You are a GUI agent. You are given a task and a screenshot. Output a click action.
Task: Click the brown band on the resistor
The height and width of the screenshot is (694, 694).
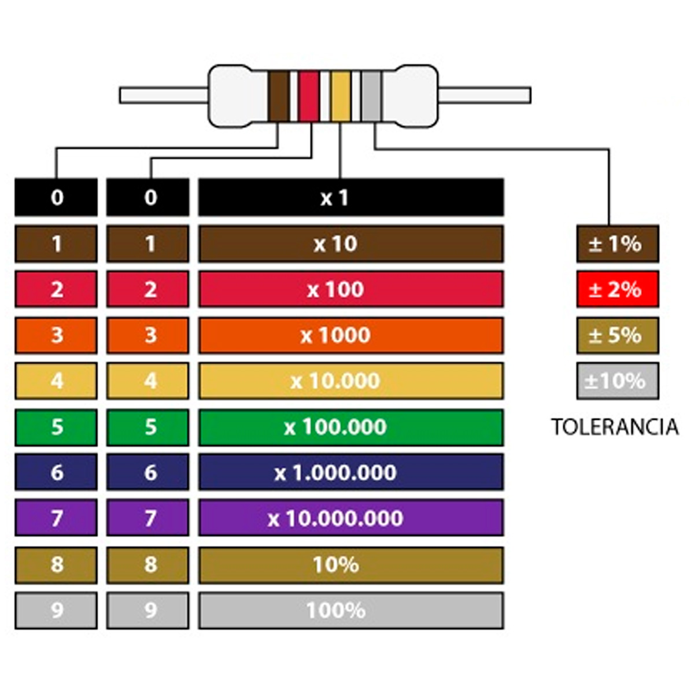[278, 96]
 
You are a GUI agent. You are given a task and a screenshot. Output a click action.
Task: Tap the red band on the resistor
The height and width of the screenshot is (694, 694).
[309, 96]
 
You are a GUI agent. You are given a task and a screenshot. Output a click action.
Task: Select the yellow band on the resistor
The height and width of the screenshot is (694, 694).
[340, 96]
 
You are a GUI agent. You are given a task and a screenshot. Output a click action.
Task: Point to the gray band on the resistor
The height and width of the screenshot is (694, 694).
[371, 96]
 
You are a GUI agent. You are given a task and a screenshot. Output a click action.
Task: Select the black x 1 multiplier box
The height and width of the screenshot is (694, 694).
[350, 198]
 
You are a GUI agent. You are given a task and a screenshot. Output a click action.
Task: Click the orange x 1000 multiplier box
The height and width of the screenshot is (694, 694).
[350, 335]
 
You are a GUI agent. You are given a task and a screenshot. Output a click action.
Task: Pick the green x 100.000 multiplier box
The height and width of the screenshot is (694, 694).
[350, 427]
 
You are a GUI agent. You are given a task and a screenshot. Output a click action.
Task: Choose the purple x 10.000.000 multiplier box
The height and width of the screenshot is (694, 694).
[350, 518]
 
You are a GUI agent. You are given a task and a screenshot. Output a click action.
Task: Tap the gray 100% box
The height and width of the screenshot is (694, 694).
[350, 610]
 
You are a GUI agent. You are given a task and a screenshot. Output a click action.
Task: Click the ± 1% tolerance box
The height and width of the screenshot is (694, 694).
[617, 244]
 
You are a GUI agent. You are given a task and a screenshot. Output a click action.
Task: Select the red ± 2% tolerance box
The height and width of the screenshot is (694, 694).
[617, 289]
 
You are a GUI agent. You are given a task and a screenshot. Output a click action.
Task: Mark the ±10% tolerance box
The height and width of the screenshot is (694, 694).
[617, 381]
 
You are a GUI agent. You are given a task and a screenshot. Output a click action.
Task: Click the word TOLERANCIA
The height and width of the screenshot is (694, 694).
[615, 427]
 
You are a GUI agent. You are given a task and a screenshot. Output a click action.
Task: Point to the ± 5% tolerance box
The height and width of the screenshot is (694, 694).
[617, 335]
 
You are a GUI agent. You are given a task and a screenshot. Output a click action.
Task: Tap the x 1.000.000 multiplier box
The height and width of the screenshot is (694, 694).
[350, 472]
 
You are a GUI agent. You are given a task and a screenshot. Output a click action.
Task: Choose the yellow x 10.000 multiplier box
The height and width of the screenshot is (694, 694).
[350, 381]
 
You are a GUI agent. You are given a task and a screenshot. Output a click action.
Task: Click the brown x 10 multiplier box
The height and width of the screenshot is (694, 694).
[350, 244]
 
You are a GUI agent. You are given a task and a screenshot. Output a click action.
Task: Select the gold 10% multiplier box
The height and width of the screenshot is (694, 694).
[350, 564]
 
